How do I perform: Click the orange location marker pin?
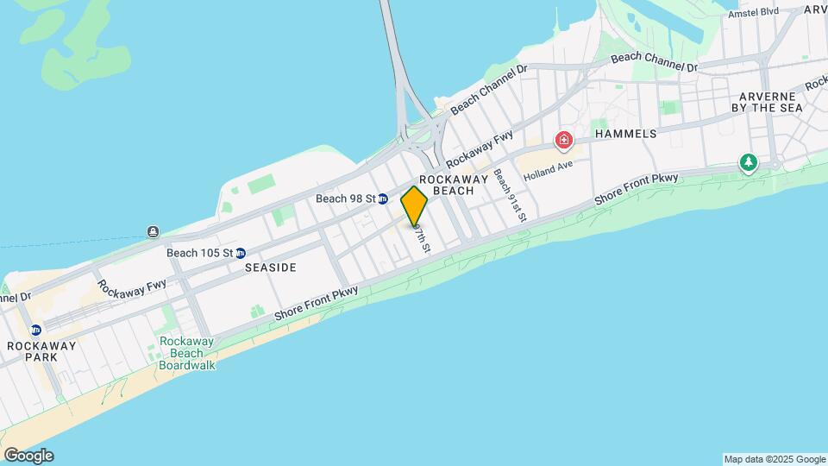[414, 205]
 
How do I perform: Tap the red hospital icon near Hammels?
[564, 140]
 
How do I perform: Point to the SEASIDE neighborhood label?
[270, 268]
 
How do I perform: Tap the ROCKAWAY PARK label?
[41, 351]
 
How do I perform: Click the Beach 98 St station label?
[345, 198]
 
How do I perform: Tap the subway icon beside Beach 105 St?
[241, 253]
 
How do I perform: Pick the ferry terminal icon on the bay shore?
[153, 231]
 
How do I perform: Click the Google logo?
[28, 456]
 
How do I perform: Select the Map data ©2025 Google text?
[775, 459]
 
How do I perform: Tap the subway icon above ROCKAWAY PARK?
[35, 330]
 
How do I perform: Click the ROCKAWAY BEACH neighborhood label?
[454, 183]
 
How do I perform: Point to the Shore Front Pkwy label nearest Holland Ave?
[637, 189]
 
